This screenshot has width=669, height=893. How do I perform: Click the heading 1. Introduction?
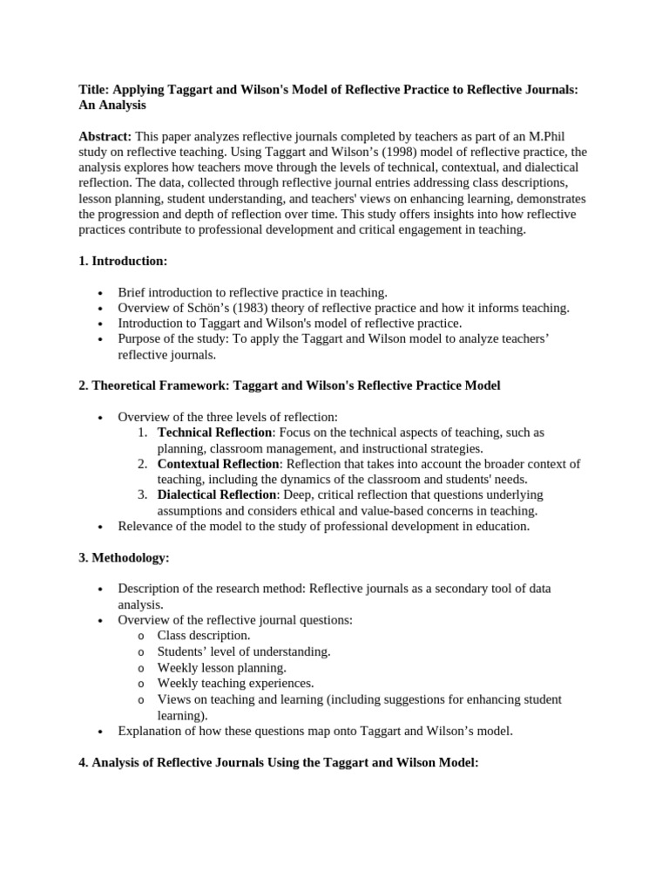122,261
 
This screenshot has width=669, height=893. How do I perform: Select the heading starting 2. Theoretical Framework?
289,385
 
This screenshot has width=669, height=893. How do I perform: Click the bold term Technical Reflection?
215,433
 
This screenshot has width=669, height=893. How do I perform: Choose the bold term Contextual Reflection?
219,464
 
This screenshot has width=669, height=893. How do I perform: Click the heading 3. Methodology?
124,557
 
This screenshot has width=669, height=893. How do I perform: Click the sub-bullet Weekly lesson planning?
221,667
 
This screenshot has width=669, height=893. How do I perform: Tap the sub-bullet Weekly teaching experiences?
235,683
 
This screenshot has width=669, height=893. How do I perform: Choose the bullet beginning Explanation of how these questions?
315,731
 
